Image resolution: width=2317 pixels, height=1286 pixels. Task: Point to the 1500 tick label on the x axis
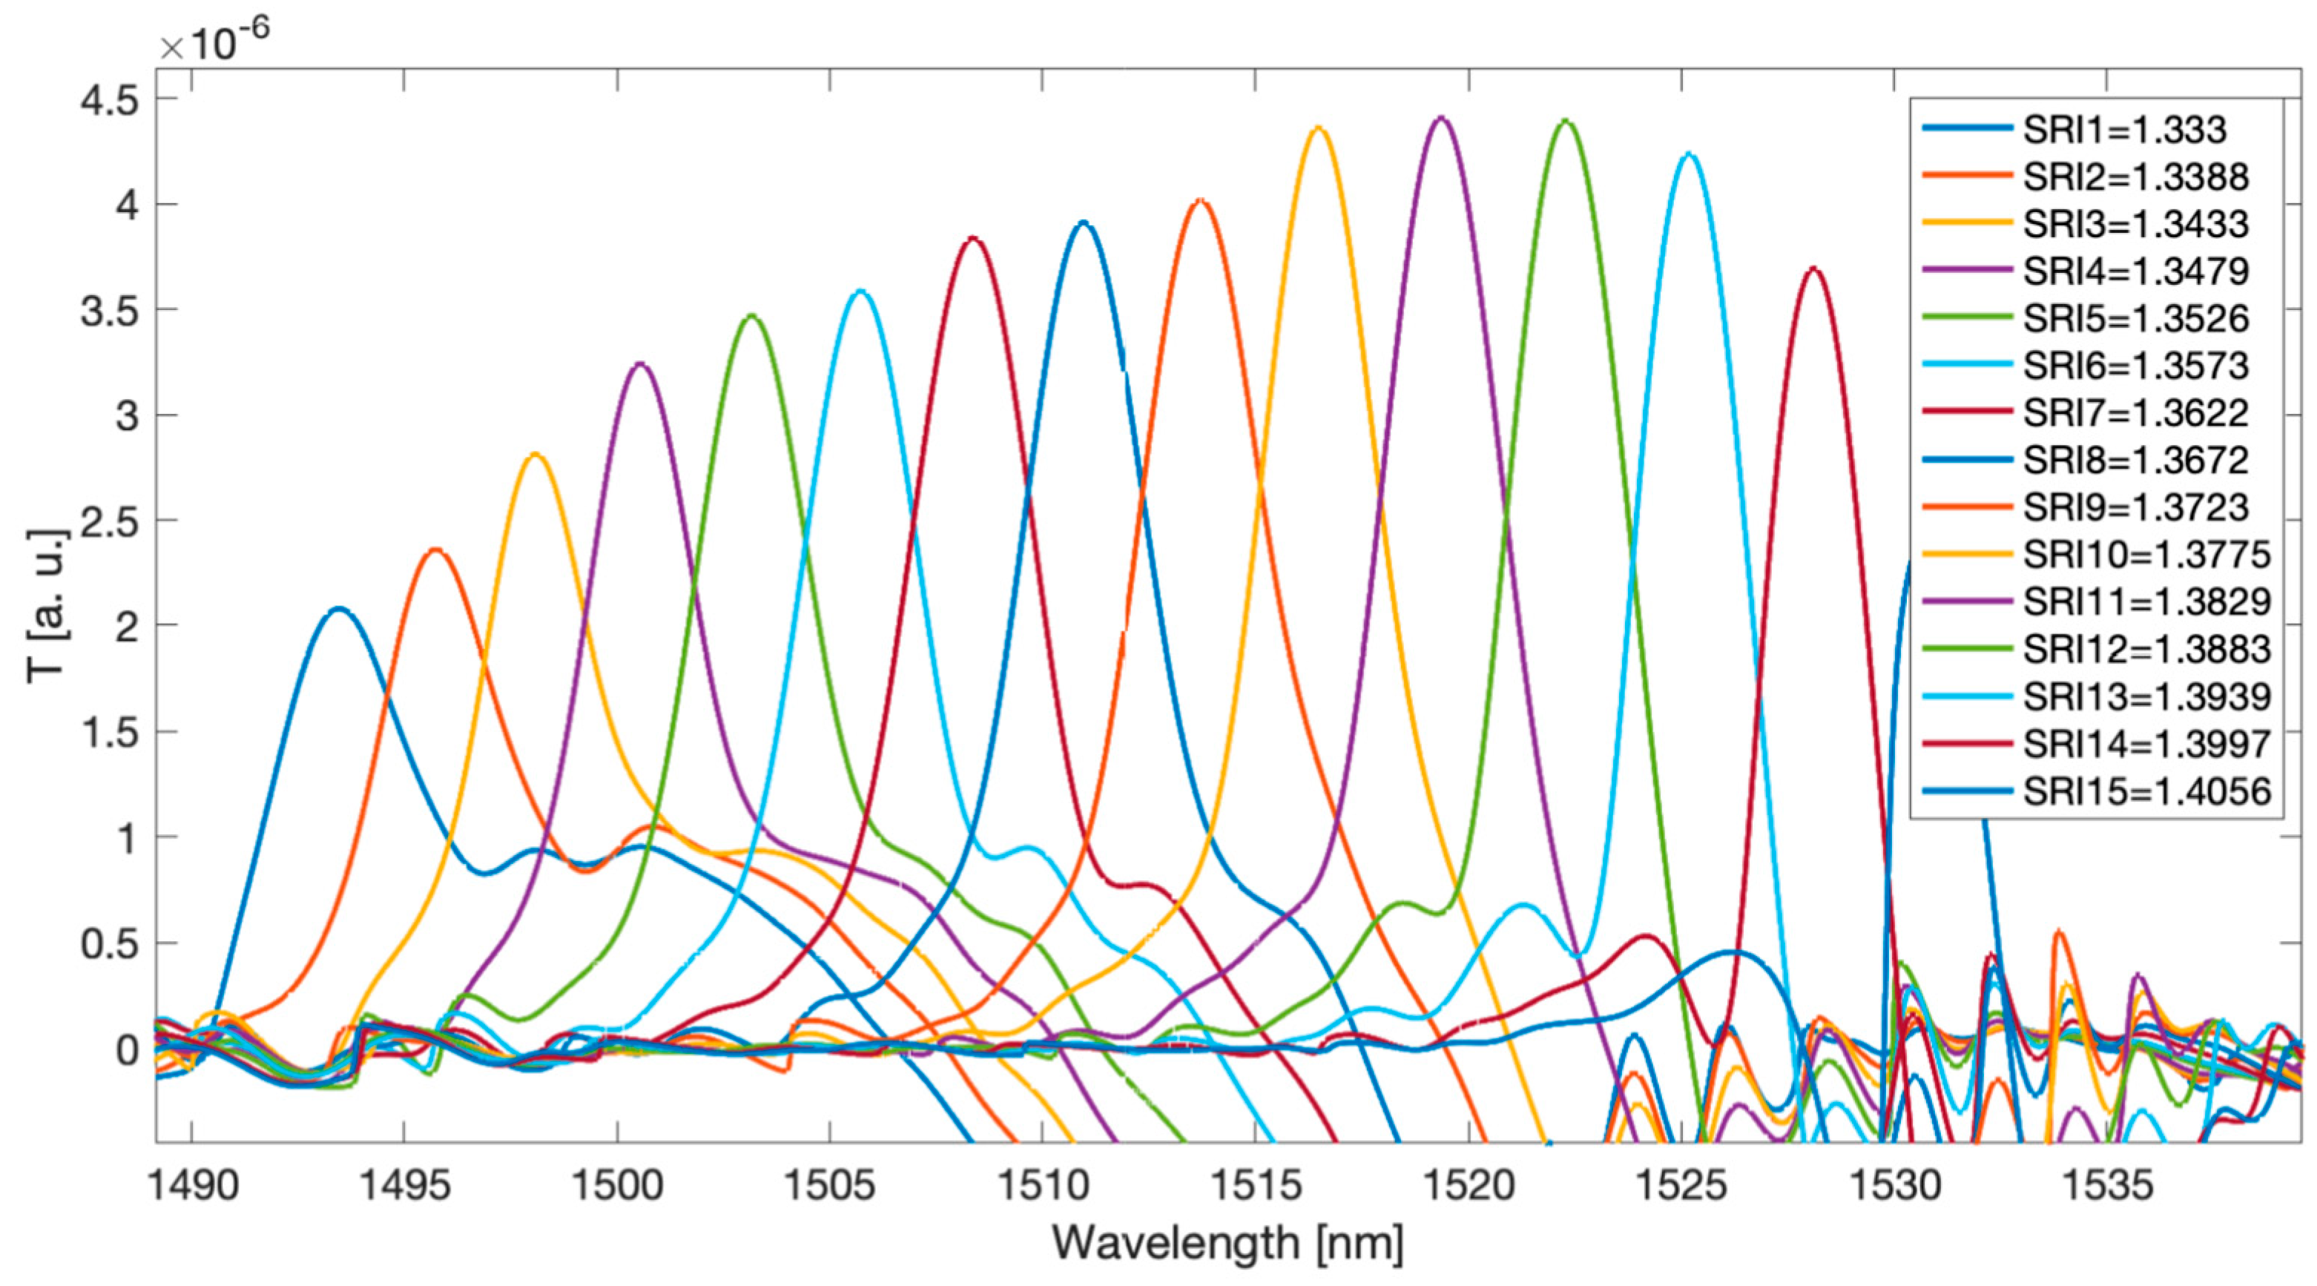617,1186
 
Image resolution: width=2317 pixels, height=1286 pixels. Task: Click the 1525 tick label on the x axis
1681,1186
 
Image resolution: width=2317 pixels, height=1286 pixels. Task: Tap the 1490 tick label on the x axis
191,1186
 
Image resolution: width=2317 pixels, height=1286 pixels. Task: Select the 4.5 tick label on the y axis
110,100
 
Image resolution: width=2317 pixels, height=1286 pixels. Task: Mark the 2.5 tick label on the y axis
110,521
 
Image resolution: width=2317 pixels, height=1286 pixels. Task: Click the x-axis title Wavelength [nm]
1227,1244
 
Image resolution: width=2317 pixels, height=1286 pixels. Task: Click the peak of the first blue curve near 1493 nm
338,609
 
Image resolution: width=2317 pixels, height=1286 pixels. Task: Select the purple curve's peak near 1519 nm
1441,118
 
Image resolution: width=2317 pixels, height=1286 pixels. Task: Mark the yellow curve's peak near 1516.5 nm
1319,128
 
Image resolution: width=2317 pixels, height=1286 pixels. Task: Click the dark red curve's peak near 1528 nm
1813,268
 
